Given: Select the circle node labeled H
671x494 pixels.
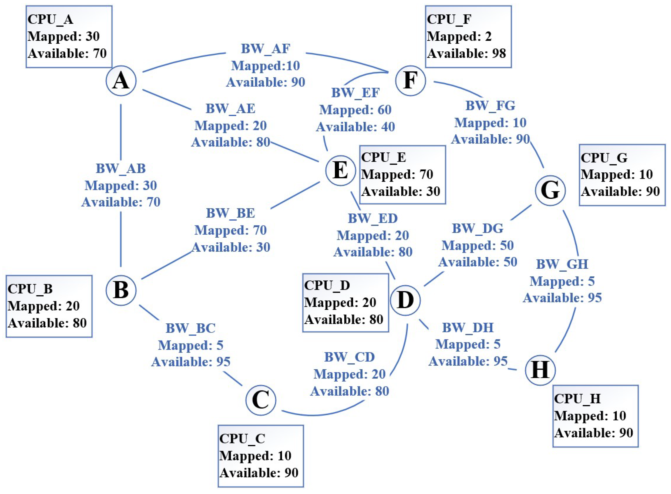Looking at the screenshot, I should click(540, 370).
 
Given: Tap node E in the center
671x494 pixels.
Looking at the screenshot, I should click(340, 170).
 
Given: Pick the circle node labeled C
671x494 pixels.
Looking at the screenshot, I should click(261, 400).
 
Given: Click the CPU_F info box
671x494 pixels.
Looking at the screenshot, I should click(468, 37).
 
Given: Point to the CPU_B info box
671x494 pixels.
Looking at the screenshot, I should click(49, 306).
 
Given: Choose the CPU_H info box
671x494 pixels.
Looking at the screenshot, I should click(595, 416).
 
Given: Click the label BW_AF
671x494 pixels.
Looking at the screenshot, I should click(265, 49).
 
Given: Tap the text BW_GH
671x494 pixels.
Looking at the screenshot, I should click(562, 264).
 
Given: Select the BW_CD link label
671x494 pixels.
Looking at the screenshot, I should click(349, 357).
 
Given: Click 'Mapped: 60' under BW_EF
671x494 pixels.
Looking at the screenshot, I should click(355, 110).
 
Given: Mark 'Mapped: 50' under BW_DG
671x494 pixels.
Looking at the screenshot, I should click(478, 246).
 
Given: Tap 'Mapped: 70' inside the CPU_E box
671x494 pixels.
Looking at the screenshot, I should click(397, 174).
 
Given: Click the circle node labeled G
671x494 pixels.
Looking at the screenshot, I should click(550, 190).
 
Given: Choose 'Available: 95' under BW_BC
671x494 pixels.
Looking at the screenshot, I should click(191, 362).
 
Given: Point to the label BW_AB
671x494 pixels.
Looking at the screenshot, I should click(121, 168).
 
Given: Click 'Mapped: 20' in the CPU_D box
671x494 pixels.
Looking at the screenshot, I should click(340, 302).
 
